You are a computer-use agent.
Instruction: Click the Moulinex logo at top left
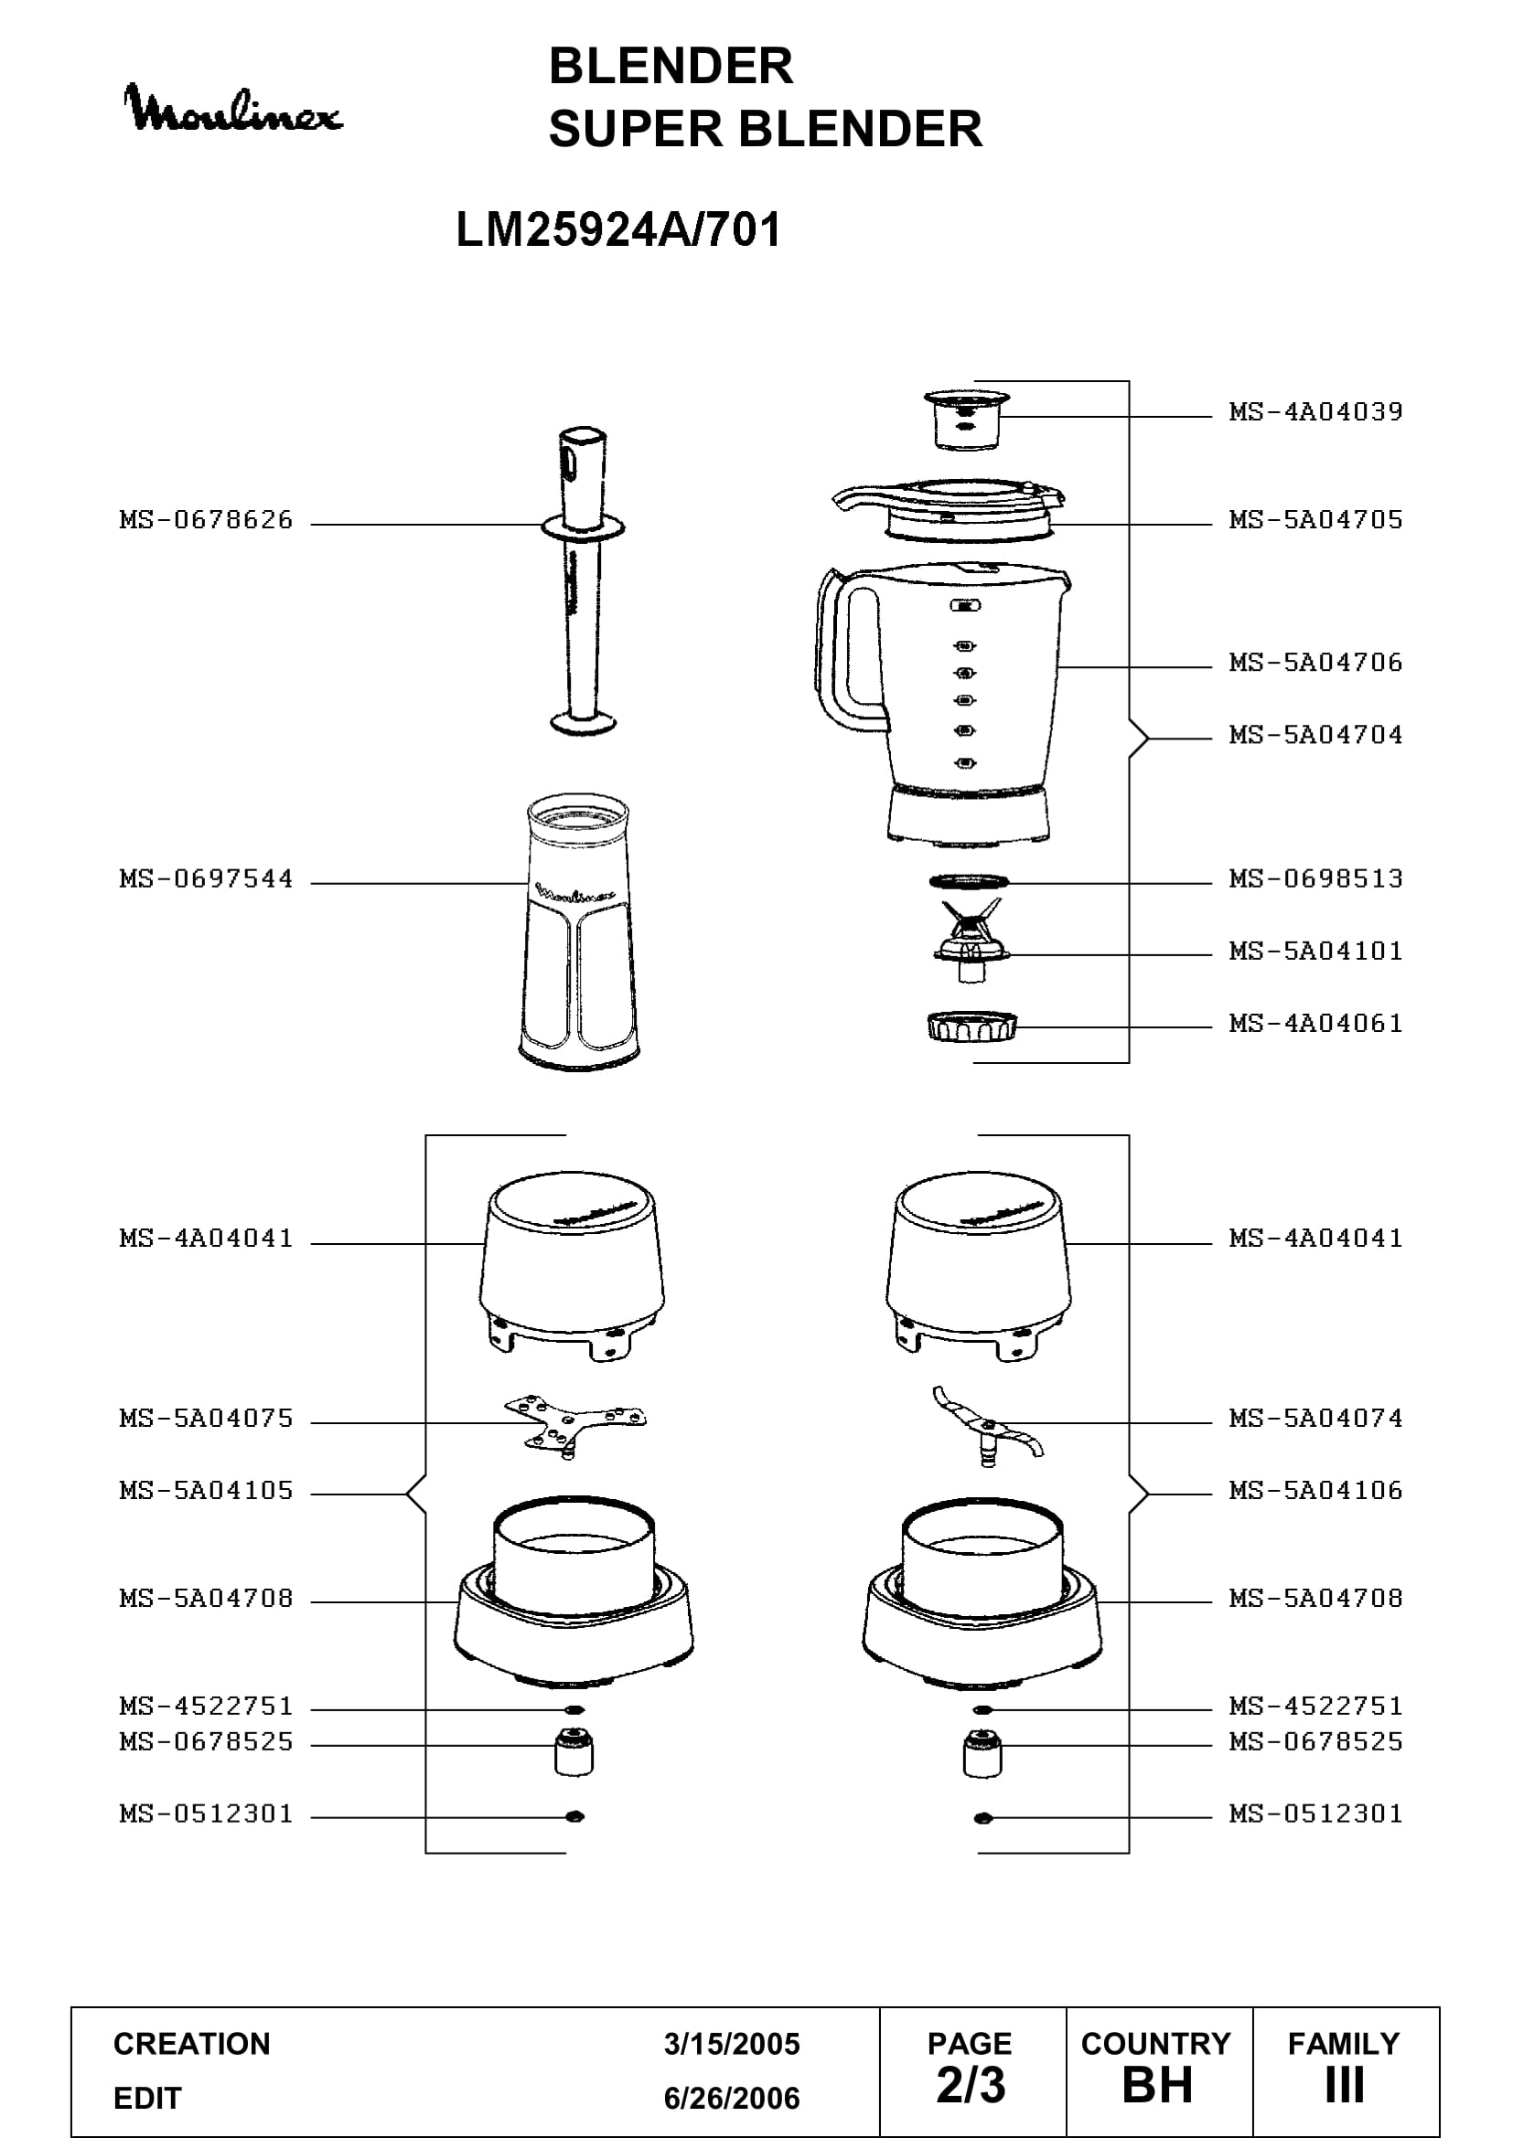[x=233, y=108]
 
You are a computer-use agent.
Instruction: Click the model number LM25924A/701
[x=618, y=229]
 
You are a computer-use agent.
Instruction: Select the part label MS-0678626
[x=206, y=519]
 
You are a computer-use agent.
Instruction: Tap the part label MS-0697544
[x=206, y=879]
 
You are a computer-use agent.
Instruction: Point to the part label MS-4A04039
[x=1315, y=411]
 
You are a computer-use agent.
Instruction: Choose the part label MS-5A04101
[x=1315, y=951]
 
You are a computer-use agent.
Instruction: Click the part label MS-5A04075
[x=206, y=1419]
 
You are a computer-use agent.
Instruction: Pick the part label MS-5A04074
[x=1315, y=1419]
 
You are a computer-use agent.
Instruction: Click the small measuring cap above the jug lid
[x=966, y=420]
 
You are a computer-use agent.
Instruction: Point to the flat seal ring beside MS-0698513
[x=969, y=880]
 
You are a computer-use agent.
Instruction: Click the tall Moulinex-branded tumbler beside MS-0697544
[x=578, y=931]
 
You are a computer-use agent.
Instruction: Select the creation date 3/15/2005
[x=732, y=2044]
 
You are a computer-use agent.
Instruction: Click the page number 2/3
[x=971, y=2085]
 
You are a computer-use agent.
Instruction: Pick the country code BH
[x=1157, y=2085]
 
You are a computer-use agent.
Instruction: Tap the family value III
[x=1345, y=2085]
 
